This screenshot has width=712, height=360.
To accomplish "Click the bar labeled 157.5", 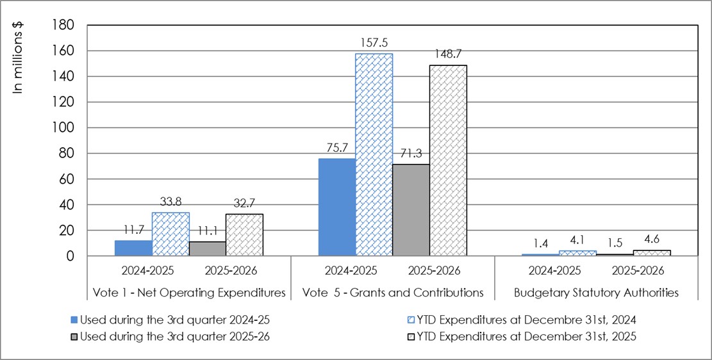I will (x=374, y=154).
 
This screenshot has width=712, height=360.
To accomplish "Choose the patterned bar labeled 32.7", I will (x=244, y=234).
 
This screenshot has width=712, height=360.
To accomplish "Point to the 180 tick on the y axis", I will (x=66, y=25).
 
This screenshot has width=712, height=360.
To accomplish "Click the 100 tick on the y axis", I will (x=66, y=128).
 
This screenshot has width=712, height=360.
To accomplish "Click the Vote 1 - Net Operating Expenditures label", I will (x=189, y=293).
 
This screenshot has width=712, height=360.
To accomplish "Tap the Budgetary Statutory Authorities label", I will (x=596, y=293).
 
